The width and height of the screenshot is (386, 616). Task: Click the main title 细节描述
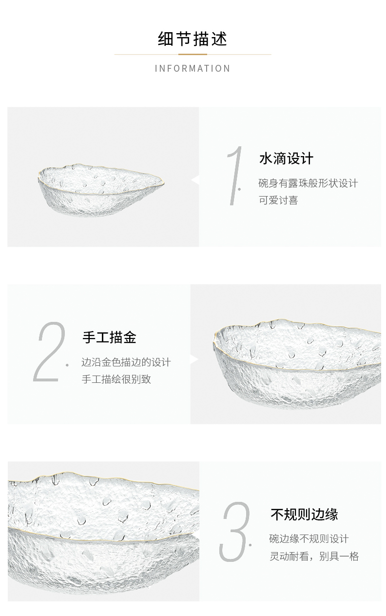(x=193, y=39)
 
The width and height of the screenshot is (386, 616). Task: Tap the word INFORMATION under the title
(x=193, y=68)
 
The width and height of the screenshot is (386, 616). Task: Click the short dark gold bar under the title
(x=193, y=55)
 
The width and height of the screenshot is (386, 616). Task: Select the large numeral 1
(x=235, y=176)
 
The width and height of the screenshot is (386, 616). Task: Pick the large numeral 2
(x=49, y=352)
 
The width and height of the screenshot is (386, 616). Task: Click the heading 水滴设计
(x=286, y=159)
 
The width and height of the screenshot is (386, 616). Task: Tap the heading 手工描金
(x=109, y=337)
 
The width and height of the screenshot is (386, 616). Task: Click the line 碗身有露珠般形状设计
(x=308, y=183)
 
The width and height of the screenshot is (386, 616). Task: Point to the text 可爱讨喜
(x=278, y=200)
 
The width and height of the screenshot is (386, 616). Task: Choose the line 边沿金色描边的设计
(x=126, y=362)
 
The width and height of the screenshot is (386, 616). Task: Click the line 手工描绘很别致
(x=116, y=379)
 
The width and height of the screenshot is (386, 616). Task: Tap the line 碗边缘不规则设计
(x=309, y=539)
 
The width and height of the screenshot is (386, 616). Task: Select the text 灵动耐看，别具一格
(x=314, y=556)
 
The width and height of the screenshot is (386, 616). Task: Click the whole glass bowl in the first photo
(x=101, y=190)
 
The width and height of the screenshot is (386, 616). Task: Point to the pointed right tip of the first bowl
(x=164, y=182)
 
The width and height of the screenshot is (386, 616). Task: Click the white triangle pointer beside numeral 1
(x=195, y=180)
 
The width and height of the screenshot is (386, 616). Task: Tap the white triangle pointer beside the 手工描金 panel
(x=194, y=360)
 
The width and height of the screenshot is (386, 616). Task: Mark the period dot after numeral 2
(x=67, y=365)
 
